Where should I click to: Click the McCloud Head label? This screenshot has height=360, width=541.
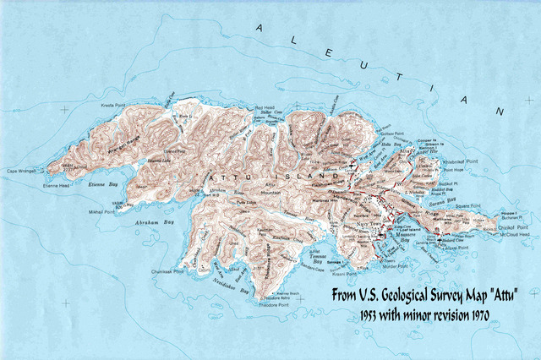pos(514,237)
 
